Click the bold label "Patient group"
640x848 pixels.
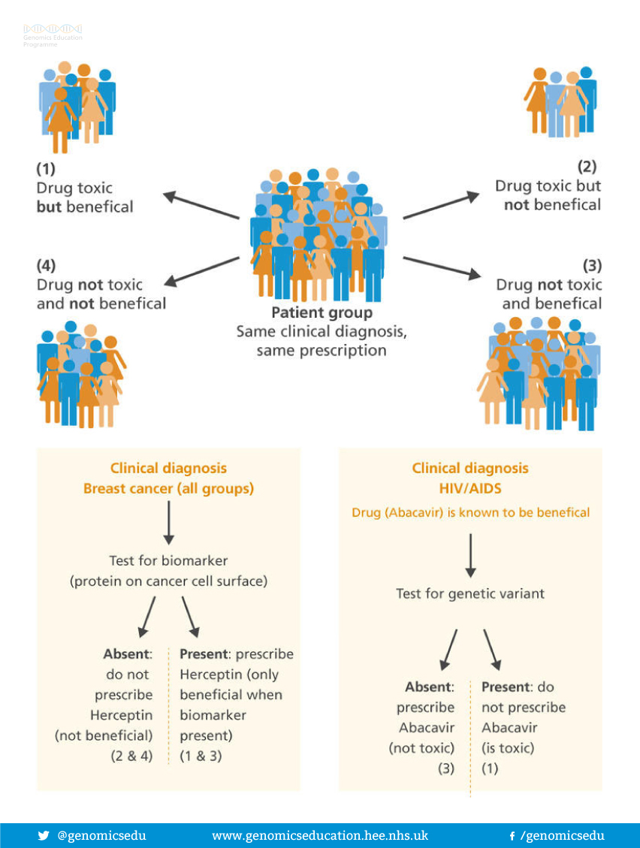(x=322, y=312)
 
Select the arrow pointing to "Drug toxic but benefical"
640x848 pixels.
(x=201, y=206)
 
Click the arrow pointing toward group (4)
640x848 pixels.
(x=201, y=271)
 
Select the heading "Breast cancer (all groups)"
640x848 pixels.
(x=168, y=488)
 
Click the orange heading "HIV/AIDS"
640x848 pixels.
(x=470, y=488)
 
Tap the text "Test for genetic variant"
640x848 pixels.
(x=470, y=593)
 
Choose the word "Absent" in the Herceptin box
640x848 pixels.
(x=128, y=653)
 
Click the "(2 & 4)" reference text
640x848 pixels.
(x=131, y=756)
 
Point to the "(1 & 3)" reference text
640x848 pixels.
(x=201, y=756)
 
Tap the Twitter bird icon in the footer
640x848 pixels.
(x=44, y=835)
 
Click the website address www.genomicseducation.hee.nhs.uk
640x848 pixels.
(x=320, y=835)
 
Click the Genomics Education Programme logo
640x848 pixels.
(x=53, y=35)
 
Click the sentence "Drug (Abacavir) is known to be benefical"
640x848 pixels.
(x=470, y=512)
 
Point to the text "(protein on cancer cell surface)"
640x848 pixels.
(x=168, y=581)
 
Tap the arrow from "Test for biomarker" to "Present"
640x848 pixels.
(x=190, y=616)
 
